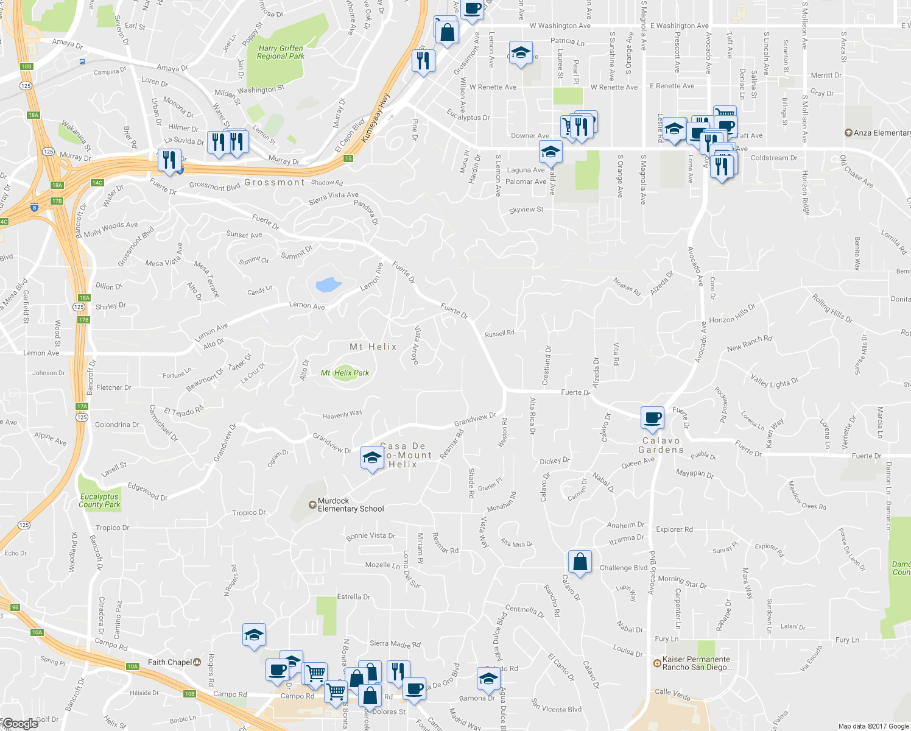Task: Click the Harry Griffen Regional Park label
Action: click(280, 52)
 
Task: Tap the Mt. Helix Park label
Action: click(345, 373)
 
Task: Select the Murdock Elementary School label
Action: click(351, 505)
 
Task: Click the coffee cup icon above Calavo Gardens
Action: click(652, 418)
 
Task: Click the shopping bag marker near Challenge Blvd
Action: click(580, 562)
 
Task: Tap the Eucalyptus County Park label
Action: click(99, 501)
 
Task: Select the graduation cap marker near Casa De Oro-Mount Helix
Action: click(371, 458)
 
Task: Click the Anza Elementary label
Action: click(881, 133)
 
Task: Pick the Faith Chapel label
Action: click(170, 662)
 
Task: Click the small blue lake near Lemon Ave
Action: click(328, 284)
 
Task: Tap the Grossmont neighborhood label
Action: click(274, 182)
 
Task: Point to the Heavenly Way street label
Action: click(342, 415)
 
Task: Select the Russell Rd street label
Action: click(499, 334)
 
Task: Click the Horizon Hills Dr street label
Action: click(732, 314)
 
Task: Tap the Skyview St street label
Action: click(526, 210)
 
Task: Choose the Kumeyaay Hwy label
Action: click(375, 118)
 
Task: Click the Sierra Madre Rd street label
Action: click(395, 644)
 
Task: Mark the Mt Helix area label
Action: click(373, 347)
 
